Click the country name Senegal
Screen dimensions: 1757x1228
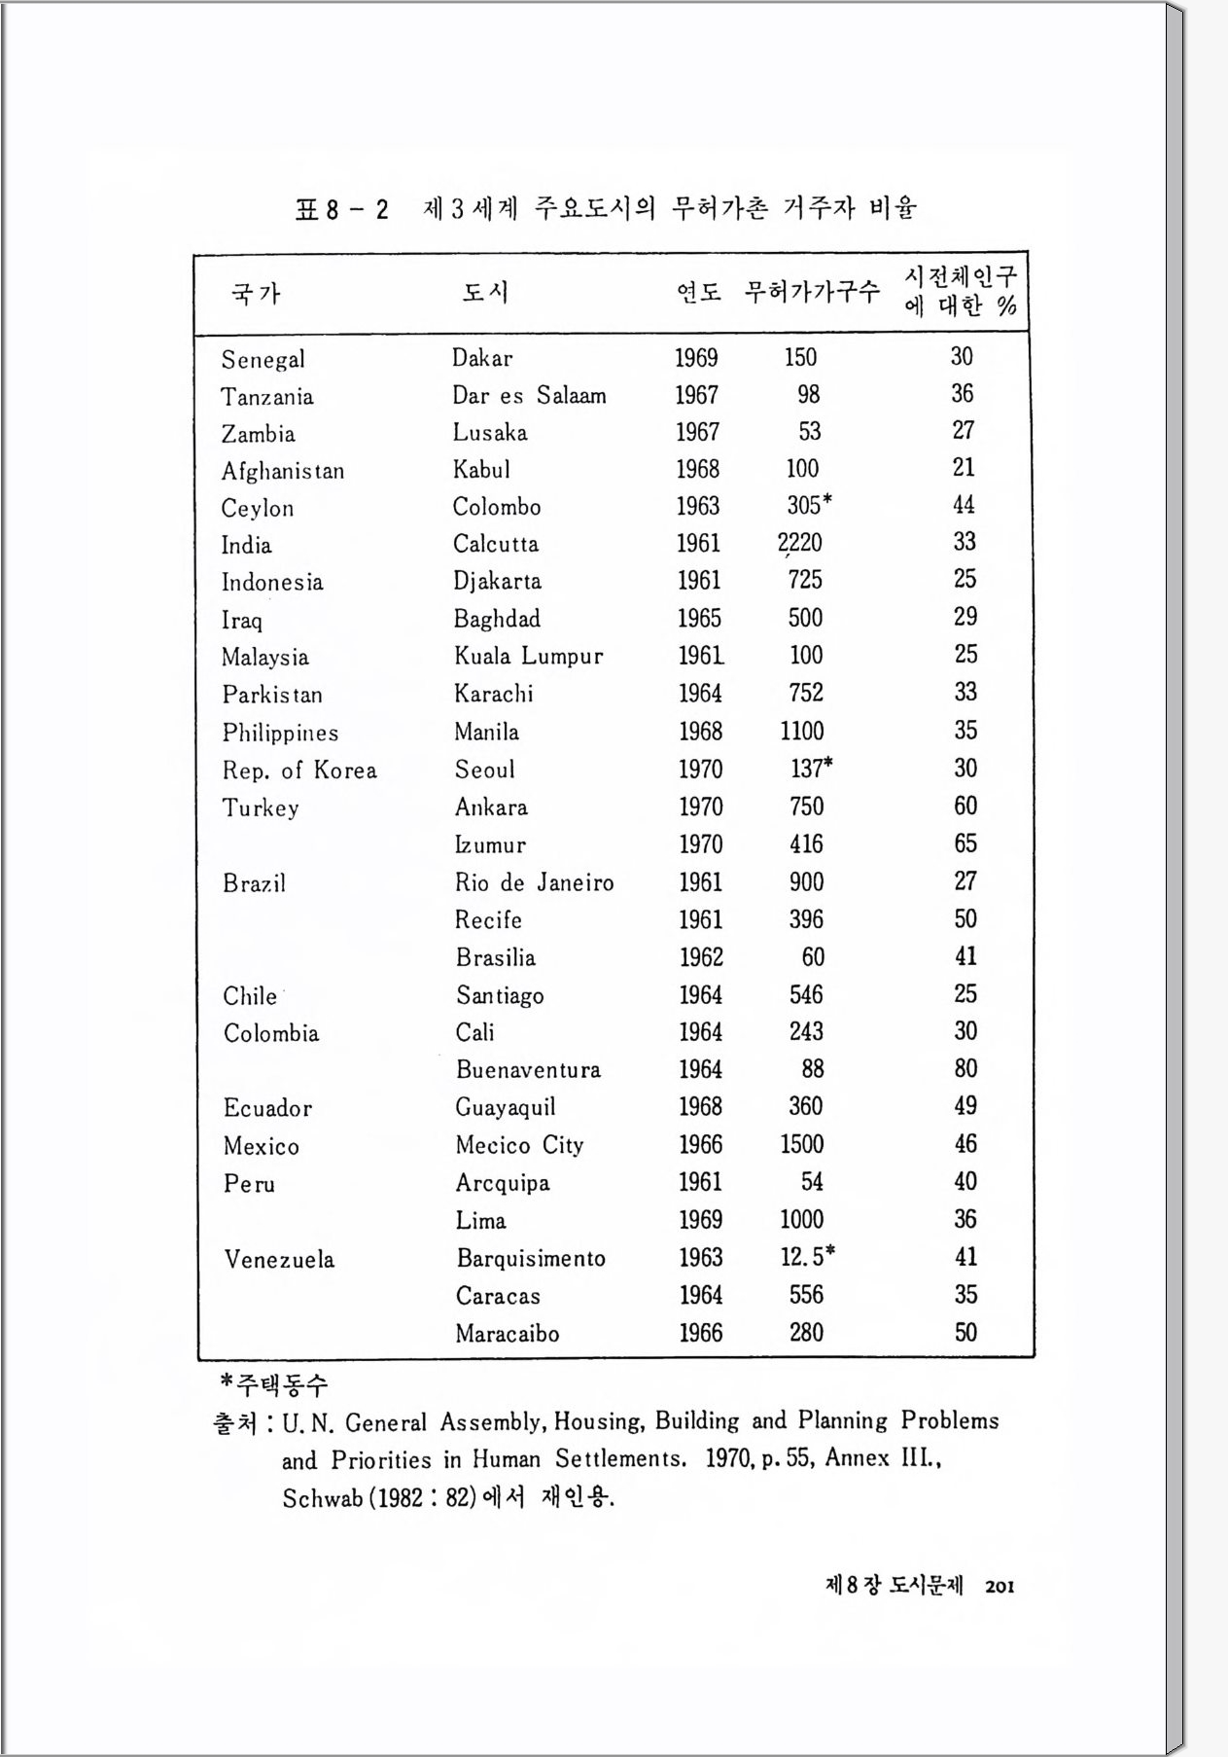pos(263,360)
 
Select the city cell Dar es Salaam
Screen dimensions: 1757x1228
pos(529,396)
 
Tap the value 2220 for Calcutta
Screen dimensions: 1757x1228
pos(800,543)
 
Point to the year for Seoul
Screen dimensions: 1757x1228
pos(700,770)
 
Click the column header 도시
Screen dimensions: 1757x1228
pos(485,292)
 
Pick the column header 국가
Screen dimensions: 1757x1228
pos(256,293)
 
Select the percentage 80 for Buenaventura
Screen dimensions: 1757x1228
pos(965,1069)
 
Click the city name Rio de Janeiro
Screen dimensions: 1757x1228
pos(534,883)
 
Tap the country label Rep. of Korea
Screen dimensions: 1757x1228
pos(299,771)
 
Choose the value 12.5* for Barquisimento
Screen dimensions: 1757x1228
pos(807,1257)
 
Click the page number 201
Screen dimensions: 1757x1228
pos(1000,1587)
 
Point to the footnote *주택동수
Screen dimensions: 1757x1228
pos(274,1383)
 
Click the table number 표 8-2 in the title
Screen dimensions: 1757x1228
pos(341,209)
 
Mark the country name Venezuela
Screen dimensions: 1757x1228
pos(279,1260)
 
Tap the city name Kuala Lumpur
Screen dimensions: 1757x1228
pos(528,657)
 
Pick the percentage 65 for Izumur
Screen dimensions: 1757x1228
pos(965,843)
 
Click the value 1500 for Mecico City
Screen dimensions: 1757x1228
pos(802,1144)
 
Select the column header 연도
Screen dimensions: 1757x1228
pos(699,292)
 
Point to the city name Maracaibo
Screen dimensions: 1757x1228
pos(508,1334)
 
